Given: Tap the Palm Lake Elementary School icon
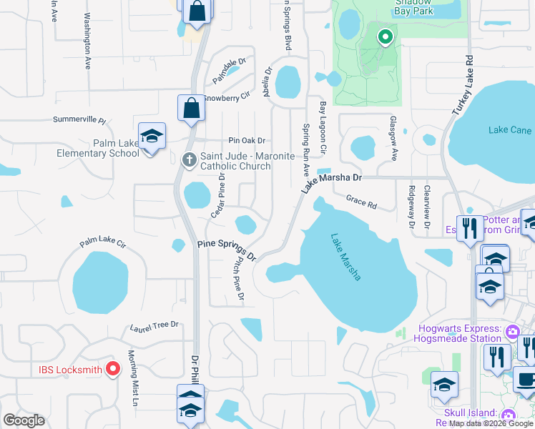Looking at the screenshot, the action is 152,137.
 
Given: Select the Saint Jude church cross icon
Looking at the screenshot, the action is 190,159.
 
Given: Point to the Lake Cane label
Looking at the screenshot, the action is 510,130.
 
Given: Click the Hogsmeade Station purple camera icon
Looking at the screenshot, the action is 512,332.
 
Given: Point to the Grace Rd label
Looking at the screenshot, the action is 361,203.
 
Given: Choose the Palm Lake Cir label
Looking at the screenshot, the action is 102,243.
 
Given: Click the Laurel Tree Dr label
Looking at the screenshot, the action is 154,327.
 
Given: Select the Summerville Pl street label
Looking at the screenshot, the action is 79,121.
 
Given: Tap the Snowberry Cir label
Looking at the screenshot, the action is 227,97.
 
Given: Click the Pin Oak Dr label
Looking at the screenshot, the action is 247,141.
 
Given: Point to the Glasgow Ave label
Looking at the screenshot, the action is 393,132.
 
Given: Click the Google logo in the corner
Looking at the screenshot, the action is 24,420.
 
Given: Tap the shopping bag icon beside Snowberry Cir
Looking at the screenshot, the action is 191,109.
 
